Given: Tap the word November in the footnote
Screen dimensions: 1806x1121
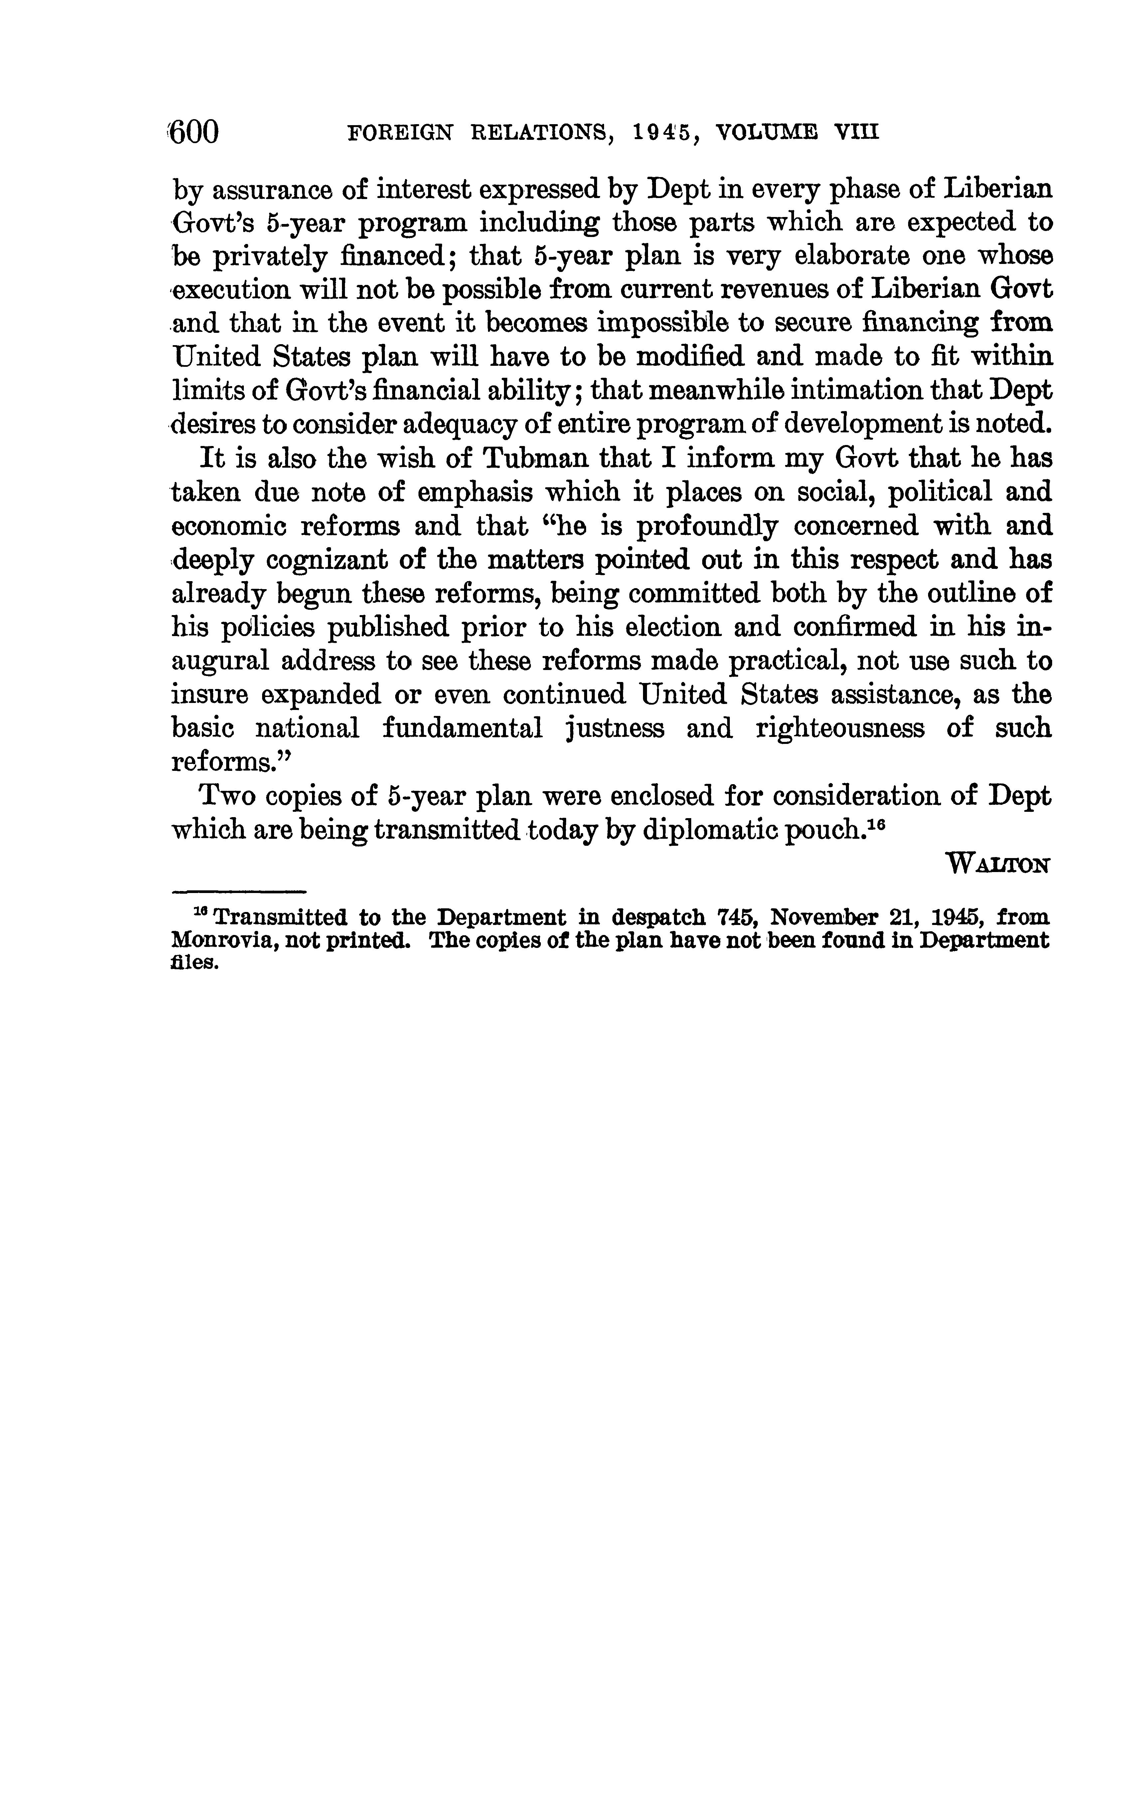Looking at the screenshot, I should click(x=822, y=918).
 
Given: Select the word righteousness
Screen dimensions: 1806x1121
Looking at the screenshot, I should click(x=840, y=729).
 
